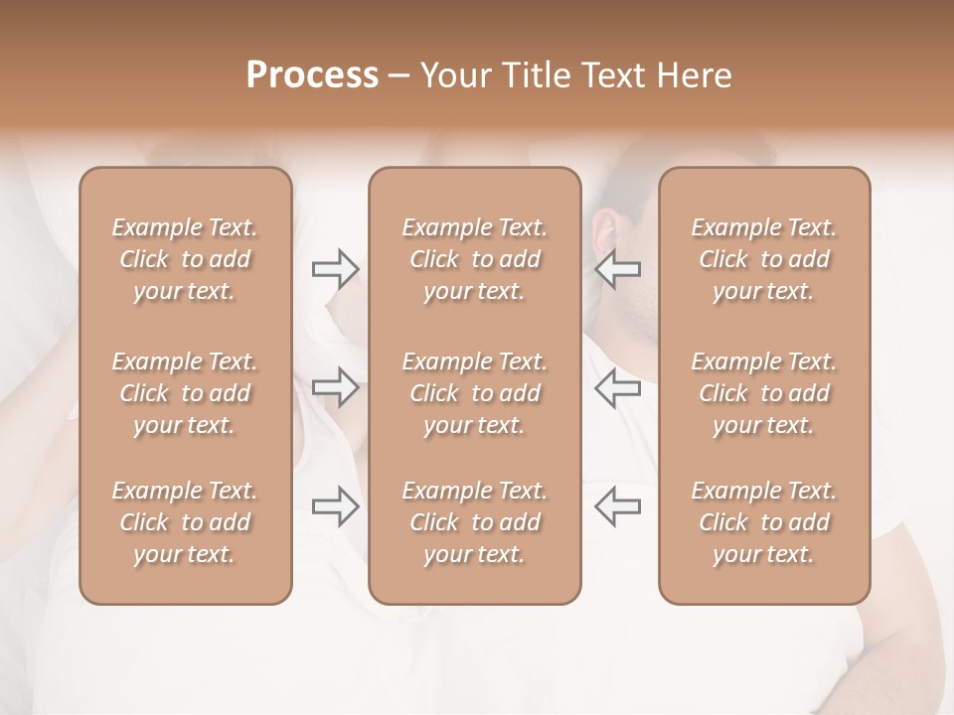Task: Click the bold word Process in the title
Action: point(312,75)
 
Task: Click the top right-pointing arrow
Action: point(336,269)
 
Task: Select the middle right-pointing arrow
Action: point(336,387)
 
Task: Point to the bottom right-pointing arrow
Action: point(336,506)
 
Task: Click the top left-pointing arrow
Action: point(617,269)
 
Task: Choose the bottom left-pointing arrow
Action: point(617,506)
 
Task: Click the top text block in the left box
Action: point(185,259)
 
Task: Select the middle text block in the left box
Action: point(185,393)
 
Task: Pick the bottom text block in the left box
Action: point(185,522)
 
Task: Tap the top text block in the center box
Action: point(475,259)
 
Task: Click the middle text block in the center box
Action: point(475,393)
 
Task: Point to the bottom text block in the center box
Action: point(475,522)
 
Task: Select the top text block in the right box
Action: point(764,259)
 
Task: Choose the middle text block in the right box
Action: point(764,393)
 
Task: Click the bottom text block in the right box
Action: point(764,522)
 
